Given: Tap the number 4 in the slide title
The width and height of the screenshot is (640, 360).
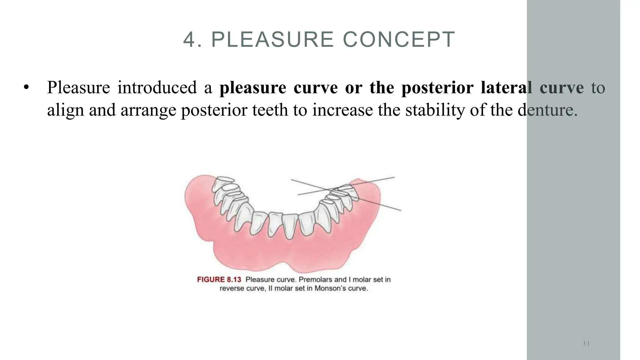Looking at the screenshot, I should click(x=189, y=40).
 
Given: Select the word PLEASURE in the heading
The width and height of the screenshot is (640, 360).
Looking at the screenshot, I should click(x=272, y=40).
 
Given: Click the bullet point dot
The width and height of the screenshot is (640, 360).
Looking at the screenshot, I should click(x=26, y=87).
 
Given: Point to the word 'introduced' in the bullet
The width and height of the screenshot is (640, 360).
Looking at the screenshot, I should click(x=157, y=87).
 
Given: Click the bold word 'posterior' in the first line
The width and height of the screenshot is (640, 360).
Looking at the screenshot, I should click(x=437, y=88).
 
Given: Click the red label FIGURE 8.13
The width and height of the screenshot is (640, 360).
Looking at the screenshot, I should click(x=219, y=279).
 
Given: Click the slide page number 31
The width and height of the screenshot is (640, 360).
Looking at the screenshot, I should click(x=586, y=344).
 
